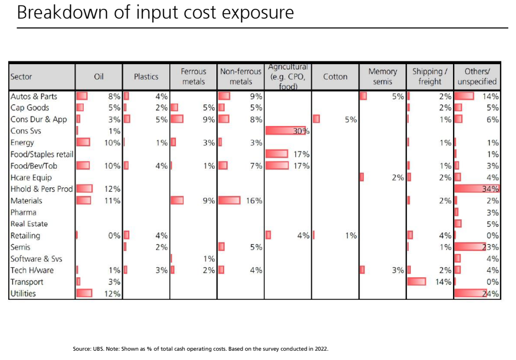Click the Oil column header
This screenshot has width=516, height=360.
[x=99, y=77]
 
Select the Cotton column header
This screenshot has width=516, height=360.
[x=335, y=77]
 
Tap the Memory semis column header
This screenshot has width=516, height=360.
[x=382, y=76]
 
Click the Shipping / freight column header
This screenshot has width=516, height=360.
[x=430, y=76]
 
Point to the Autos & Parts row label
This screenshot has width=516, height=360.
[x=34, y=96]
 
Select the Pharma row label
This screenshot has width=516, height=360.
[x=24, y=212]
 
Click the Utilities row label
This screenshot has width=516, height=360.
[x=23, y=294]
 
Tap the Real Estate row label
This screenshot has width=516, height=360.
[x=29, y=224]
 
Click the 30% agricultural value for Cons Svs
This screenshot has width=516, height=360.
[x=301, y=131]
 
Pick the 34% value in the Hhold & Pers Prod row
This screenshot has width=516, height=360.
[x=490, y=189]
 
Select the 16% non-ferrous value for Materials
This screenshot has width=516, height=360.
[x=254, y=201]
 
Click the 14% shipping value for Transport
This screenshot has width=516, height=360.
[x=443, y=282]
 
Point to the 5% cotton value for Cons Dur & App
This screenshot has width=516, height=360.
[x=351, y=119]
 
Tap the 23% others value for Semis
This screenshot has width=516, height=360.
[x=490, y=247]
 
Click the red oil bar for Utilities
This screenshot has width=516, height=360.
[x=84, y=293]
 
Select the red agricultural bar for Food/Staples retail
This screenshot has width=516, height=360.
[x=277, y=153]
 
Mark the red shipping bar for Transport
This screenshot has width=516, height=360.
[x=417, y=281]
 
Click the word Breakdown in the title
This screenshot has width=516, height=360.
[x=62, y=13]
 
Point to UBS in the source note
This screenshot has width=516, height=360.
[x=99, y=349]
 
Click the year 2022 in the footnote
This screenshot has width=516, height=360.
[x=322, y=349]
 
